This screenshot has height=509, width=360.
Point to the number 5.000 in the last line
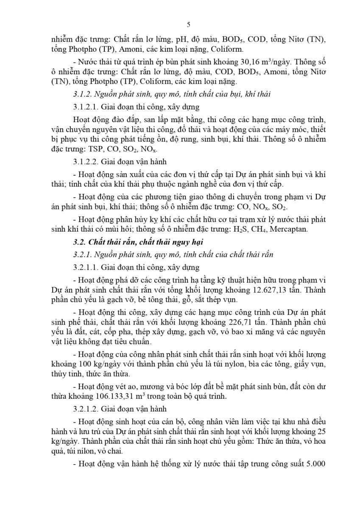pyautogui.click(x=315, y=464)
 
